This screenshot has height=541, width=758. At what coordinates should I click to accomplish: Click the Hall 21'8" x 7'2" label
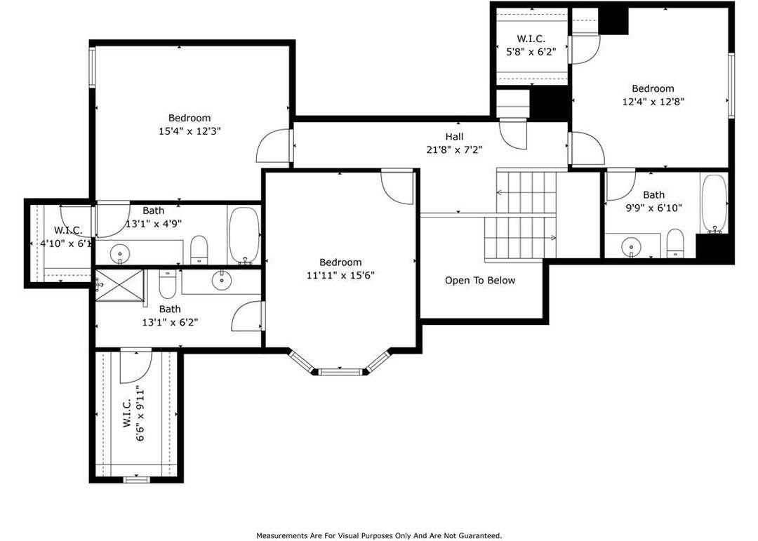pos(454,144)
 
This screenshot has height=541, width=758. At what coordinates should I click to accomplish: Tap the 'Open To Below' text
pos(480,281)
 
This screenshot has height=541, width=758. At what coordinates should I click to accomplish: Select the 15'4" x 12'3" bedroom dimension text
pos(190,131)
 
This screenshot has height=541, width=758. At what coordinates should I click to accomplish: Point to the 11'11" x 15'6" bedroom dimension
pos(341,276)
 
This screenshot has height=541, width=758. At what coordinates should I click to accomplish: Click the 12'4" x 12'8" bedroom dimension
pos(653,102)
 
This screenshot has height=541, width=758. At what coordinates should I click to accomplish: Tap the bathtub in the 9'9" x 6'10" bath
pos(714,203)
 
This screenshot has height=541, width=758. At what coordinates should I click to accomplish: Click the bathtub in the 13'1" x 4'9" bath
pos(244,236)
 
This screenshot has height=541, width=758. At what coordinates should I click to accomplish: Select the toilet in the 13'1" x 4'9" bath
pos(199,250)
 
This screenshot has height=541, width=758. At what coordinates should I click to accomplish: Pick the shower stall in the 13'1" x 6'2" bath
pos(119,286)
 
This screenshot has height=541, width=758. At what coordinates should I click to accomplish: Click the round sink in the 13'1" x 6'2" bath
pos(221,280)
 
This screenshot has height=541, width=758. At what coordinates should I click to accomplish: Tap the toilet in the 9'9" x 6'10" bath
pos(675,243)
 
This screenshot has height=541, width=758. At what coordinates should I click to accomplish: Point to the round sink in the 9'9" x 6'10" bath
pos(631,247)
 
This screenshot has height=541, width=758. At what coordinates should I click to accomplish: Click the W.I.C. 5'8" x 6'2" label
pos(531,45)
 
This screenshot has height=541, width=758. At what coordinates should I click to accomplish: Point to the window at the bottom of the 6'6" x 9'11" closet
pos(136,479)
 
